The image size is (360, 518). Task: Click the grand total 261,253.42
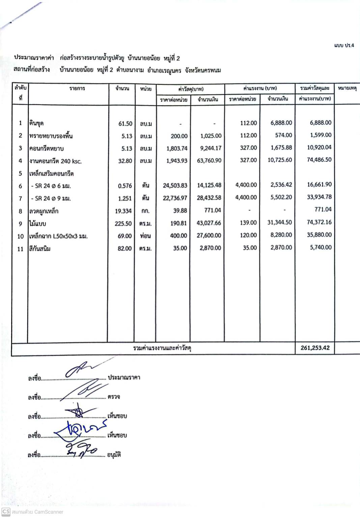(315, 348)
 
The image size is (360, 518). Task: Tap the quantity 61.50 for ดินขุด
(125, 124)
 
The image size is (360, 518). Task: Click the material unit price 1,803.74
(177, 148)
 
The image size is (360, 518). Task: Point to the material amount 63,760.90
(209, 161)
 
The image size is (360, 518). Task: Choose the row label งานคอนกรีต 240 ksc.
(55, 161)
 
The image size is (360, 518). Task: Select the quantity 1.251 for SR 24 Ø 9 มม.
(125, 199)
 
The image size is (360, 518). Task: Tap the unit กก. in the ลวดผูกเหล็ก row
(145, 211)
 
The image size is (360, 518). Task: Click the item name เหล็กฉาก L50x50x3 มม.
(58, 236)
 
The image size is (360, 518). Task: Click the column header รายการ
(77, 88)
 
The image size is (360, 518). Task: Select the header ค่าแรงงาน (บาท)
(260, 88)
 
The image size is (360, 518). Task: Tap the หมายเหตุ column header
(347, 88)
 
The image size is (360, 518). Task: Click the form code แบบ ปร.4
(344, 45)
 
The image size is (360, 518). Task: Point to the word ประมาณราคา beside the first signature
(124, 378)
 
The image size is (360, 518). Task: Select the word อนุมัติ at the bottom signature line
(114, 455)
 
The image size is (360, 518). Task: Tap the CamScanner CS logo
(6, 512)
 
